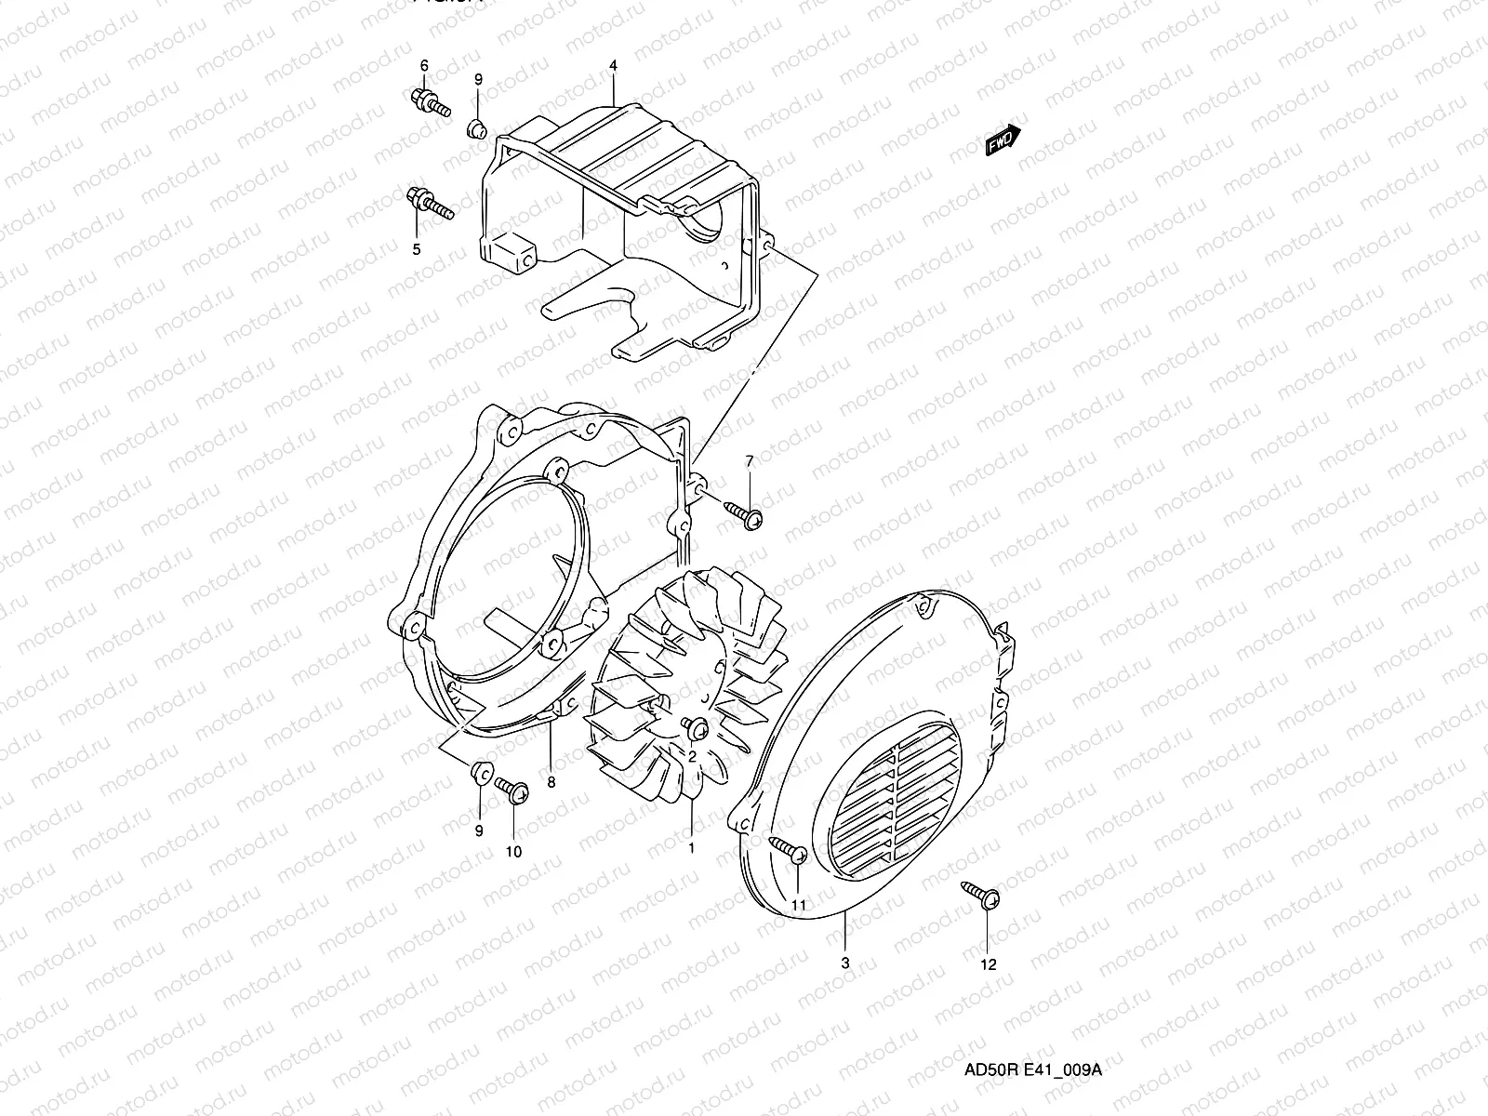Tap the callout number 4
pos(614,66)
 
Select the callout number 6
pos(424,65)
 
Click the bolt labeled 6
pos(428,101)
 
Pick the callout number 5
pos(416,249)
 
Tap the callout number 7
pos(749,461)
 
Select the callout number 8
pos(551,782)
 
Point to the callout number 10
pos(513,851)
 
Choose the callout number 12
pos(989,964)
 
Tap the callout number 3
pos(844,963)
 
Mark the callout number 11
pos(800,903)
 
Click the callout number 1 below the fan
pos(690,847)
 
